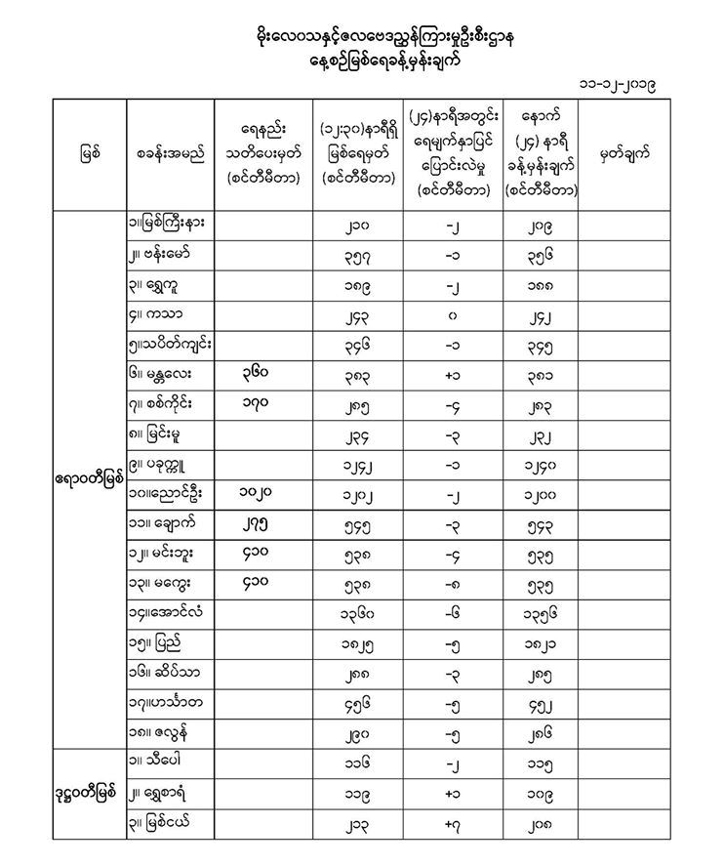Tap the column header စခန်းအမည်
pyautogui.click(x=171, y=154)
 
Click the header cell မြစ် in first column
pyautogui.click(x=89, y=154)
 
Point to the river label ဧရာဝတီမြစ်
pyautogui.click(x=89, y=478)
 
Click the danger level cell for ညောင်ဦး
pyautogui.click(x=261, y=496)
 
